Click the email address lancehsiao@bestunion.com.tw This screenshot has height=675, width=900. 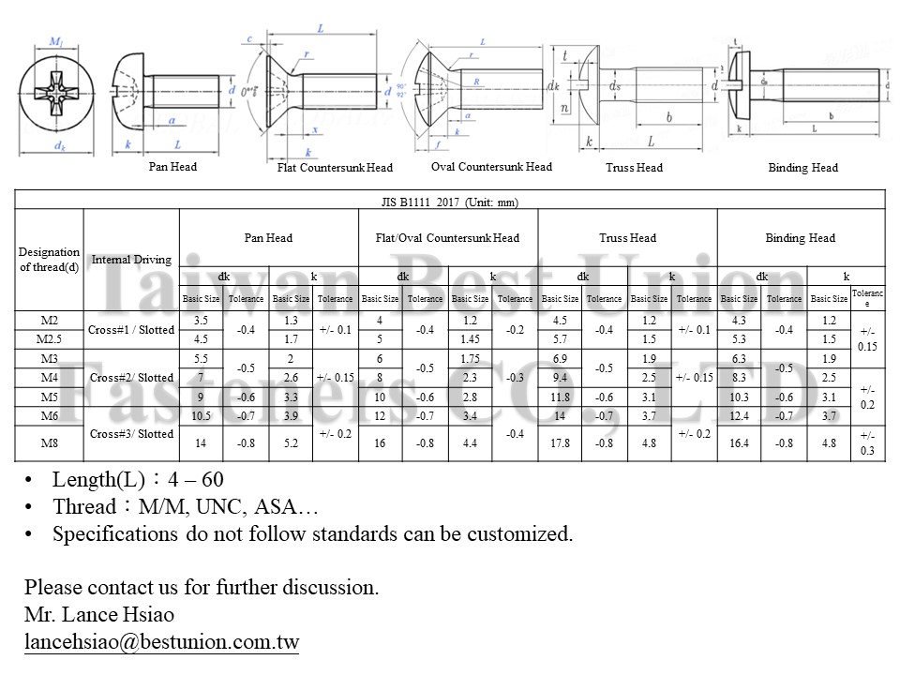tap(161, 642)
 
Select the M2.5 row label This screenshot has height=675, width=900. tap(49, 338)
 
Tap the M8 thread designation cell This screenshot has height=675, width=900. tap(49, 443)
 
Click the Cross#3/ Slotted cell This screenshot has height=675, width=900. tap(131, 434)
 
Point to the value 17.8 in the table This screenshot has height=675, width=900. tap(560, 443)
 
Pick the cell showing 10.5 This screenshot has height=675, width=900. tap(201, 416)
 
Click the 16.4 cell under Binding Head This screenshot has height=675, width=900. tap(739, 443)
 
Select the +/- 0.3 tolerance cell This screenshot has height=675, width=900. tap(867, 443)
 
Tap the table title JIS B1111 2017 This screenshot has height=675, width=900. tap(450, 202)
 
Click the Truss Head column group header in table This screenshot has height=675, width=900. tap(627, 238)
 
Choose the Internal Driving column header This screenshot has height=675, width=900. tap(131, 260)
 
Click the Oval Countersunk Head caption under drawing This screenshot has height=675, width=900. tap(491, 167)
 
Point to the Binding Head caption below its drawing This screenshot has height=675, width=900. tap(802, 168)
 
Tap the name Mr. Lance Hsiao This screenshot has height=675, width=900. tap(98, 615)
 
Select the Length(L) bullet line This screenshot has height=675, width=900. tap(138, 480)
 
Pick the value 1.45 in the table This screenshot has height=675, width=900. tap(470, 338)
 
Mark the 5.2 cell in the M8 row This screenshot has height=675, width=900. tap(291, 443)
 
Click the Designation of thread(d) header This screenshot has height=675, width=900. tap(49, 260)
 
